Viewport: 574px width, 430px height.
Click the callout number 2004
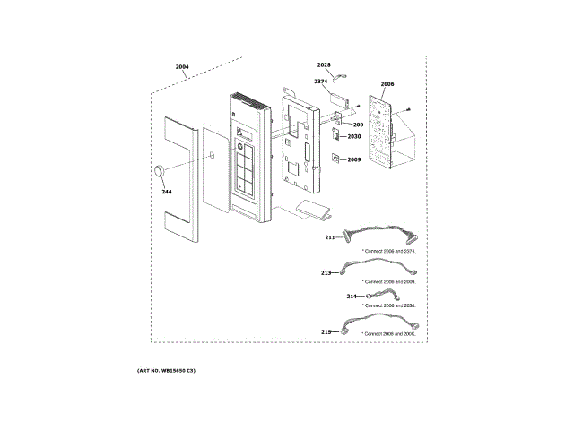[x=182, y=67]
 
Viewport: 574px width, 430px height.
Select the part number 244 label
[x=166, y=191]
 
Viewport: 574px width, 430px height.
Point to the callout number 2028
[x=324, y=66]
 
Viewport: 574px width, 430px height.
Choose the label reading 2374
[x=320, y=82]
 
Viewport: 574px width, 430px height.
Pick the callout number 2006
[x=387, y=85]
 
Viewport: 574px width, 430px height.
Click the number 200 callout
[x=357, y=124]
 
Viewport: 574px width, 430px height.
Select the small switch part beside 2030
[x=336, y=136]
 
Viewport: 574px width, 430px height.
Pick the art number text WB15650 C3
[x=166, y=370]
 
